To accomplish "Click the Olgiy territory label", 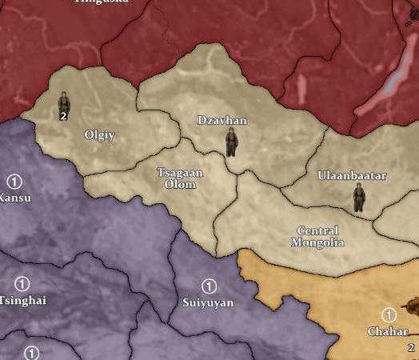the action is click(100, 135).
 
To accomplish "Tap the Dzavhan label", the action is click(222, 121).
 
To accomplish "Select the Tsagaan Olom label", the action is click(180, 178).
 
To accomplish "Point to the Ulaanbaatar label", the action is click(352, 176).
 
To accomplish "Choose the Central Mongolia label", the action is click(317, 236).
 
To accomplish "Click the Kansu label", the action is click(14, 198).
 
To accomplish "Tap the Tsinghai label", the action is click(22, 300).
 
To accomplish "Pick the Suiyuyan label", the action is click(208, 303).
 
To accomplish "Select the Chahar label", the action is click(388, 331).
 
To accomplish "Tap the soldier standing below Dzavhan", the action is click(231, 142).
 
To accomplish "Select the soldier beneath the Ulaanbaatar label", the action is click(359, 196).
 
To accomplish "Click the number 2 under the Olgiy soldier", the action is click(62, 116).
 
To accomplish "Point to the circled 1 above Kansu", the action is click(14, 181).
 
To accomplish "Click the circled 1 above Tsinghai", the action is click(22, 283).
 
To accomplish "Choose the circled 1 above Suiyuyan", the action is click(209, 286).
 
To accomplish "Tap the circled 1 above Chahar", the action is click(390, 315).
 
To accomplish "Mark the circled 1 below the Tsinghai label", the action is click(31, 353).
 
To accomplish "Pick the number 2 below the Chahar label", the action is click(411, 348).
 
